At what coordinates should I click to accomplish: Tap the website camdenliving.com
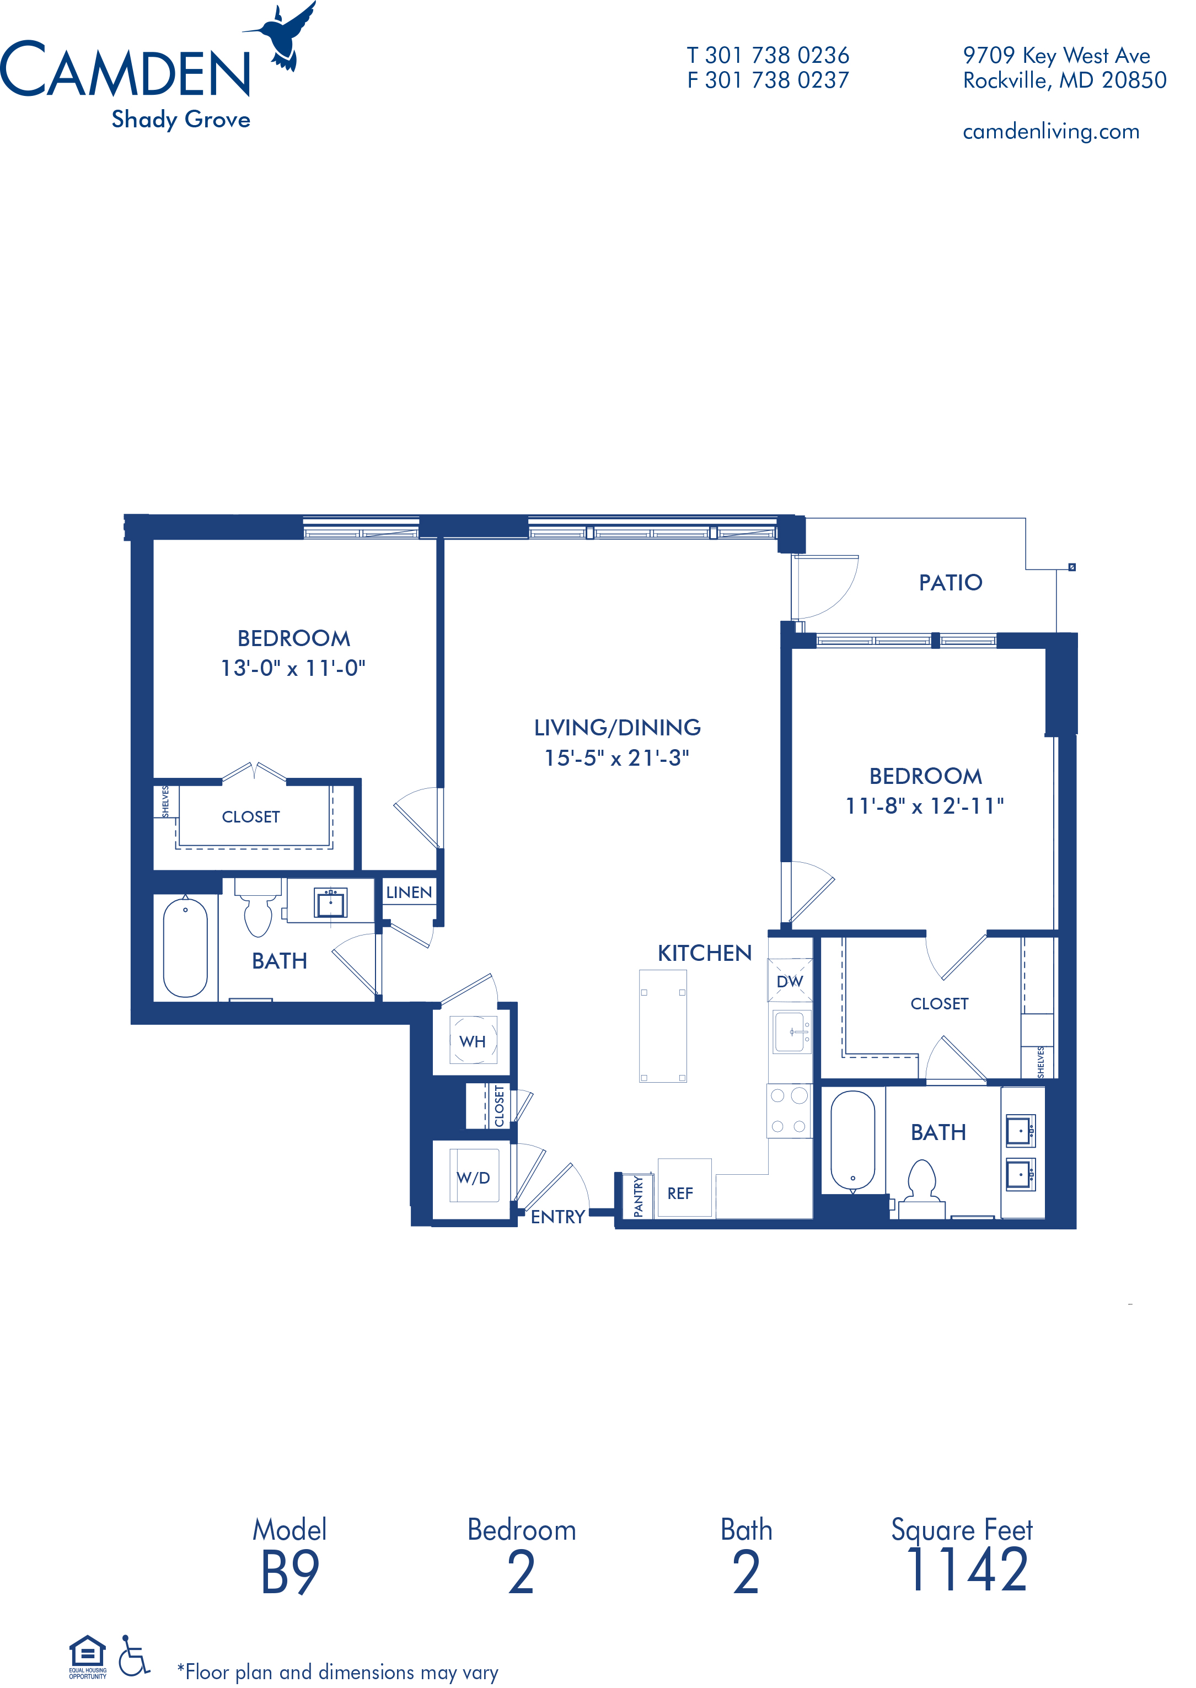point(1051,132)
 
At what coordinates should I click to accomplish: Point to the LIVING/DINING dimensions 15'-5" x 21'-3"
point(617,757)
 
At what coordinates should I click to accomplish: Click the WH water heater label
point(473,1042)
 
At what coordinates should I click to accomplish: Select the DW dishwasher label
point(790,981)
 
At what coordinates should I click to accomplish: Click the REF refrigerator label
point(680,1194)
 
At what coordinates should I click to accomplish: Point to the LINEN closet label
point(409,892)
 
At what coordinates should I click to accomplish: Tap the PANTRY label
point(638,1196)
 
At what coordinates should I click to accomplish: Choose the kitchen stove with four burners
point(789,1110)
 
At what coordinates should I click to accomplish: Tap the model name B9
point(290,1572)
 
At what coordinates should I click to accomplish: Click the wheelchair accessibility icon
point(134,1655)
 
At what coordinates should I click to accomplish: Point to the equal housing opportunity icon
point(88,1657)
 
